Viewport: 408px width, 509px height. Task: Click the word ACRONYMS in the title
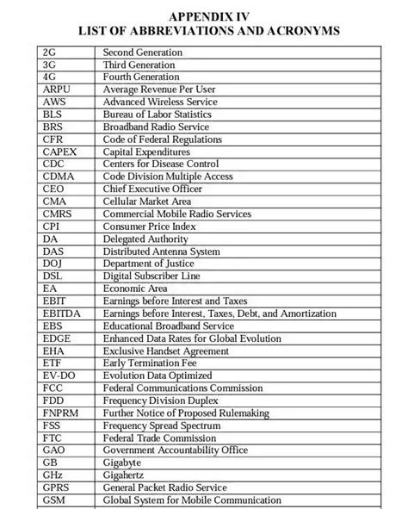click(x=303, y=31)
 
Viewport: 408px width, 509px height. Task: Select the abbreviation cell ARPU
click(x=57, y=89)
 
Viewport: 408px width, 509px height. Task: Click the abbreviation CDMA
click(x=59, y=176)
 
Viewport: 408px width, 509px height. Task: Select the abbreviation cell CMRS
click(x=58, y=214)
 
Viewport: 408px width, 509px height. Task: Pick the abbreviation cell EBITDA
click(x=61, y=313)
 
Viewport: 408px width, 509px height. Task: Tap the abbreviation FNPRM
click(x=60, y=413)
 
